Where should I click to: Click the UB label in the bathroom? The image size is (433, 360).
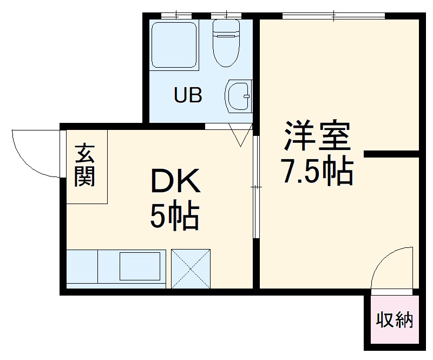click(188, 95)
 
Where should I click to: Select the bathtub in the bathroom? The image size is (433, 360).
click(174, 44)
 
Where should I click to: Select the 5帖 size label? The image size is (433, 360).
click(174, 216)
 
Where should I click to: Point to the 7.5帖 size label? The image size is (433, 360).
click(317, 172)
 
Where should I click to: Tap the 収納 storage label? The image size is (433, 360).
click(395, 320)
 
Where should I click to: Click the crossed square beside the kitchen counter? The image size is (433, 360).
click(191, 267)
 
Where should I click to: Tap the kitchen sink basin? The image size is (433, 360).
click(140, 266)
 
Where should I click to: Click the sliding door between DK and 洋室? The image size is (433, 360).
click(256, 187)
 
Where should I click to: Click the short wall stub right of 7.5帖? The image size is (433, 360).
click(391, 154)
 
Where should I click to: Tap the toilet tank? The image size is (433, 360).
click(226, 28)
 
